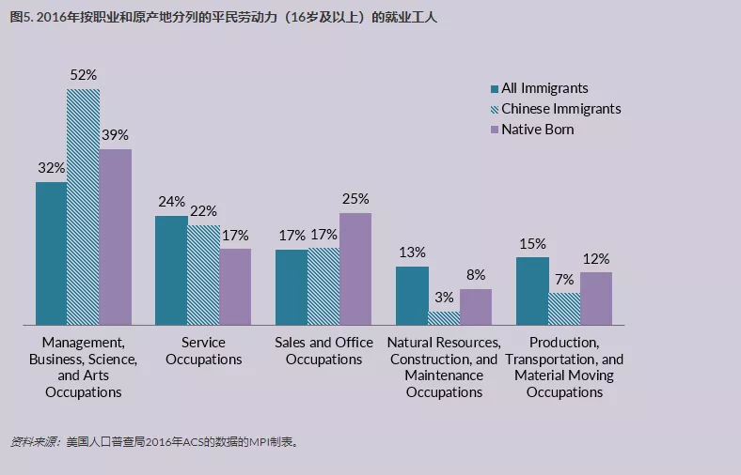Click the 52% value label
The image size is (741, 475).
83,74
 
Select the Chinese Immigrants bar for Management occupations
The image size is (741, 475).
83,207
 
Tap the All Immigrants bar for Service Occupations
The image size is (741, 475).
170,270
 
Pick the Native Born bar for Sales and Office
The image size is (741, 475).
355,268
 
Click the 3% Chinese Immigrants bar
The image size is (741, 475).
444,318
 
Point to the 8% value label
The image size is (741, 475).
476,275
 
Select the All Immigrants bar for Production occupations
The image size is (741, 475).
532,291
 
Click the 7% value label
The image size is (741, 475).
564,279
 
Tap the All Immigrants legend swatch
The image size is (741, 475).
494,89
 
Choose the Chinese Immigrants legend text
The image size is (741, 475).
560,109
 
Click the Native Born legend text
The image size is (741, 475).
537,130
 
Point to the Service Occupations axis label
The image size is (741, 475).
204,351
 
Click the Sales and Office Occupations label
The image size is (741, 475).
323,351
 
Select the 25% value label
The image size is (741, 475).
355,199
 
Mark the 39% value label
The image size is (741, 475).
115,135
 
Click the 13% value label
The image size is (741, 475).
412,253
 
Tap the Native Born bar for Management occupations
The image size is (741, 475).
115,237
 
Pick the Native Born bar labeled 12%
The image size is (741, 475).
596,299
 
